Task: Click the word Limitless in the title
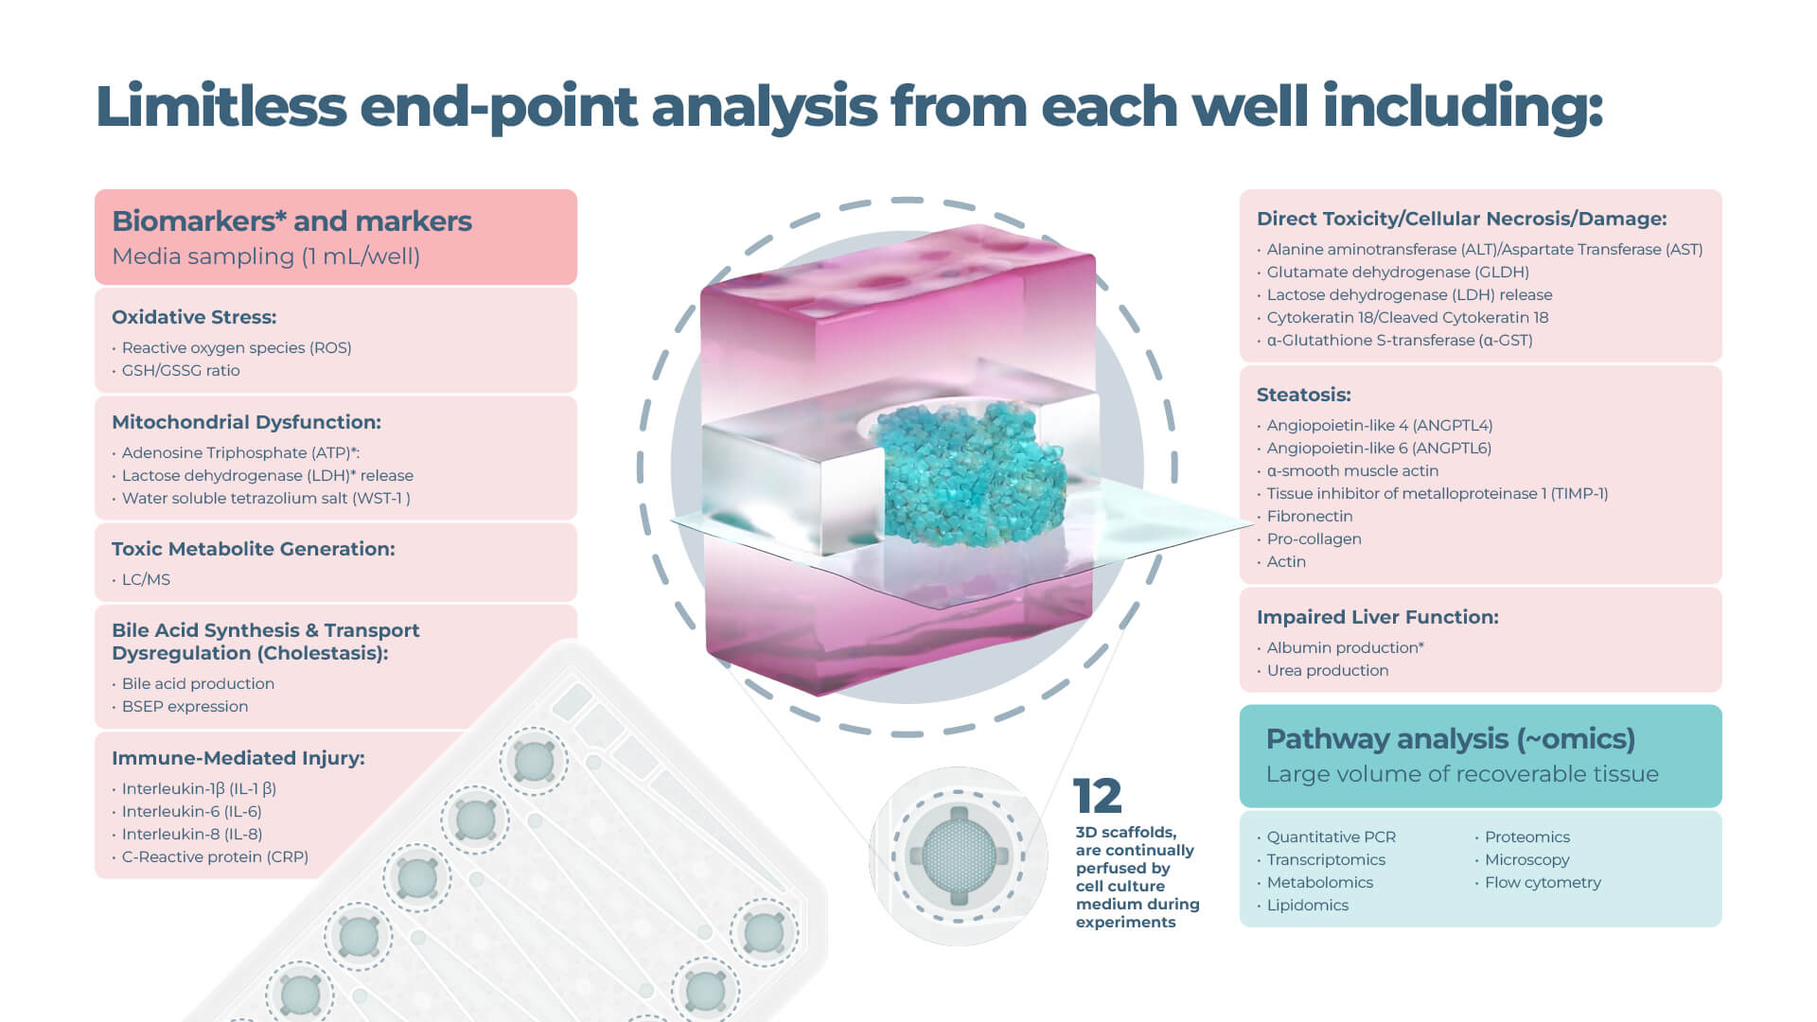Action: tap(221, 106)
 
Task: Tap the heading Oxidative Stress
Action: tap(194, 317)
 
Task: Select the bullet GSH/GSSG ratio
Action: tap(181, 371)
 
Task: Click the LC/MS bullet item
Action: tap(146, 580)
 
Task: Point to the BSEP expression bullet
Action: tap(185, 707)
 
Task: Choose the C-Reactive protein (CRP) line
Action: tap(215, 857)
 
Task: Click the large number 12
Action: tap(1097, 797)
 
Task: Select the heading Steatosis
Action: tap(1303, 395)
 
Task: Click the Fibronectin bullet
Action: tap(1310, 517)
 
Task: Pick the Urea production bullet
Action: tap(1328, 671)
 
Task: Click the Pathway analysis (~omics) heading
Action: tap(1450, 739)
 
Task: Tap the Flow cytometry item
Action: tap(1543, 883)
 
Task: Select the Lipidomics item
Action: tap(1307, 906)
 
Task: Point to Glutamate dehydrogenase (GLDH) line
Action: tap(1398, 273)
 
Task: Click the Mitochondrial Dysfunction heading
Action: tap(246, 422)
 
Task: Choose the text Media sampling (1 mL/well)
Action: tap(266, 256)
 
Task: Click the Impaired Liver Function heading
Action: tap(1377, 617)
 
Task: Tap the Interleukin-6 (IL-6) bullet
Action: tap(191, 812)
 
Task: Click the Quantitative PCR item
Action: tap(1331, 837)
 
